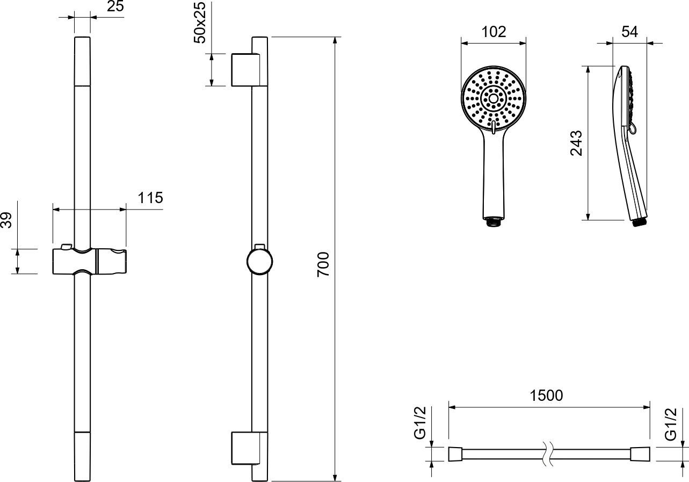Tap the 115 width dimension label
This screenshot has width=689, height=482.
(150, 198)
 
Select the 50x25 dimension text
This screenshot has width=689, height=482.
(200, 23)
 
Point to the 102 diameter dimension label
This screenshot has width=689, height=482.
(494, 32)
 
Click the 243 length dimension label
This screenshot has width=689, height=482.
(576, 143)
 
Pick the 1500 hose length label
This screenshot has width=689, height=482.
(546, 395)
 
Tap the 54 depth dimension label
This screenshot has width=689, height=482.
(629, 32)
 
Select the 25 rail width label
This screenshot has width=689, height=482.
(115, 6)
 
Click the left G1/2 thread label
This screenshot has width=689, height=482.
(420, 423)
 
